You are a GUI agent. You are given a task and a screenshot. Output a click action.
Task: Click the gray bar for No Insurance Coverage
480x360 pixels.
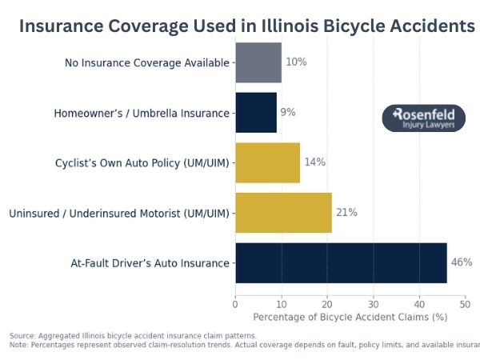coord(258,62)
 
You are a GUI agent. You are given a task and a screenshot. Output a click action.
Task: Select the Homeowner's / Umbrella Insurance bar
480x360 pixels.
coord(256,113)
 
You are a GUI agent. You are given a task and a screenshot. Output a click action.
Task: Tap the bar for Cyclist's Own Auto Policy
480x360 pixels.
coord(267,162)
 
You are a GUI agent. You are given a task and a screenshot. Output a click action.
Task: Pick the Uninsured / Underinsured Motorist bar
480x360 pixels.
coord(283,213)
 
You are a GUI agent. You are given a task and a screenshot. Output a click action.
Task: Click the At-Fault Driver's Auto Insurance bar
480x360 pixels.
coord(341,262)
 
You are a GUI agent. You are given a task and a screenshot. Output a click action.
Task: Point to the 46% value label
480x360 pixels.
coord(462,262)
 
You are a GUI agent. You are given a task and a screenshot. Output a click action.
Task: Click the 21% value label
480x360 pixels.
coord(346,213)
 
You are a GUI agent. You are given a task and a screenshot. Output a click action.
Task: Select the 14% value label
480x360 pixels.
coord(314,162)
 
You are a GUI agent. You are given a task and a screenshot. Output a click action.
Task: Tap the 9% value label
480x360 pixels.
coord(288,113)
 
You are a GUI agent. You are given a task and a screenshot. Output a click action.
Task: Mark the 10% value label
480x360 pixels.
coord(295,62)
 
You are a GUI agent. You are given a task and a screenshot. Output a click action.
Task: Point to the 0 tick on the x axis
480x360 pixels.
coord(235,304)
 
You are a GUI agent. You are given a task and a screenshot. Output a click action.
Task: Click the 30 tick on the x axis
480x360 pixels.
coord(374,304)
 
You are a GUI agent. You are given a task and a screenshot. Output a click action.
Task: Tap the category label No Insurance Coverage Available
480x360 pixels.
coord(147,62)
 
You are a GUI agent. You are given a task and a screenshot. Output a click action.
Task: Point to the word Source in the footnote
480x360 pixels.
coord(22,335)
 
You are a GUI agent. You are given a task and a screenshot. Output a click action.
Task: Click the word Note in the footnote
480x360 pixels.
coord(18,344)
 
